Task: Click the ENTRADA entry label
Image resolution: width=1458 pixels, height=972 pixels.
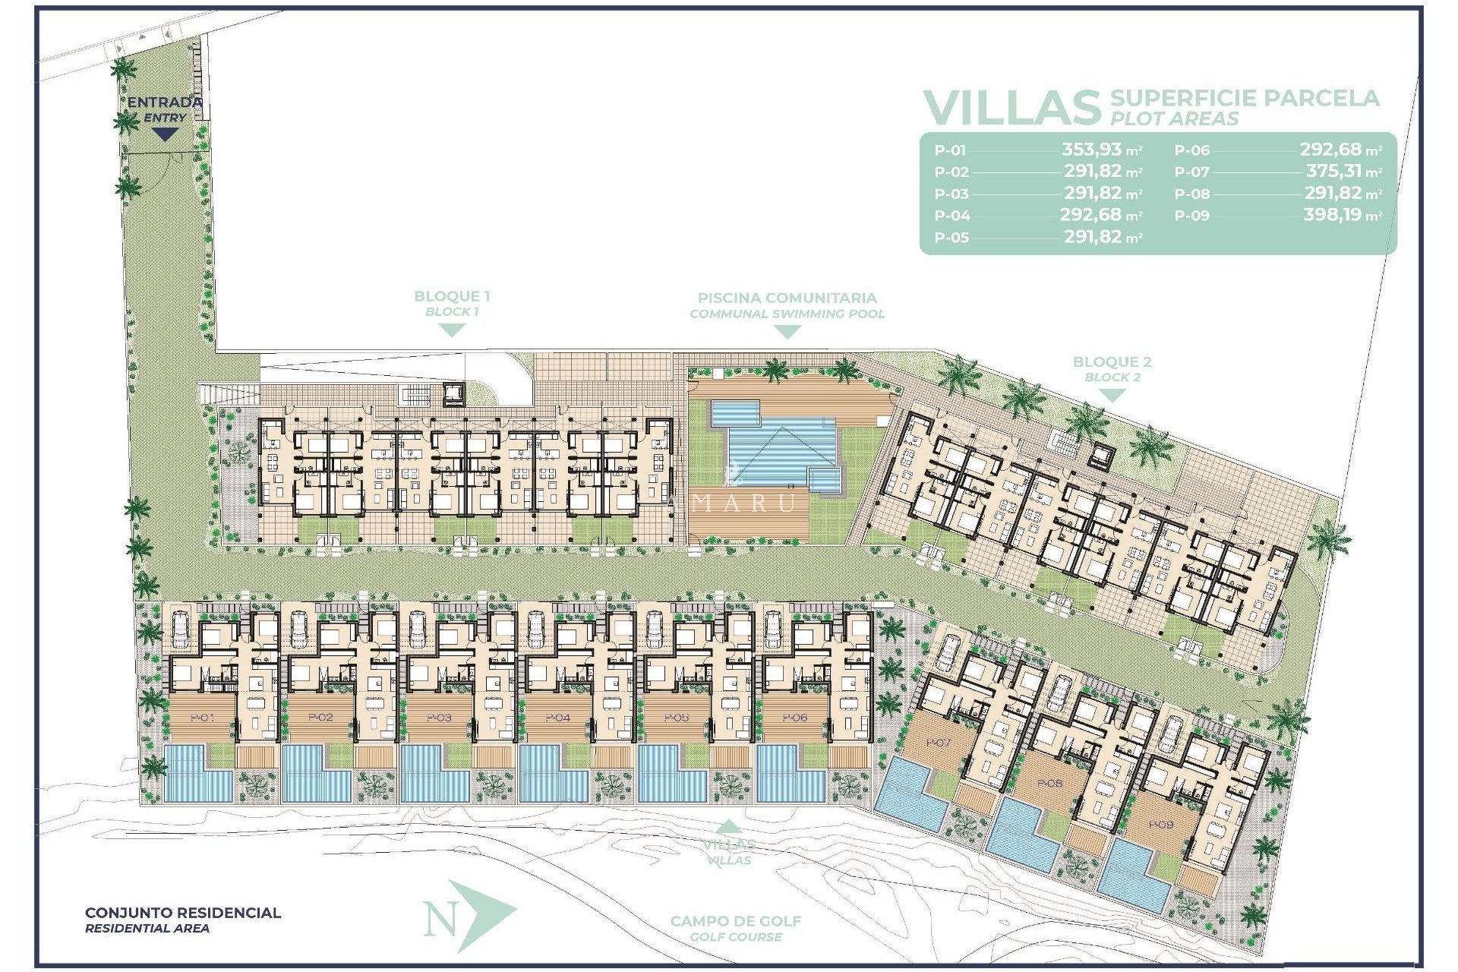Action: coord(164,102)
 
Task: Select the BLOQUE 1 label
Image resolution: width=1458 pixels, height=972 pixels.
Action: coord(452,296)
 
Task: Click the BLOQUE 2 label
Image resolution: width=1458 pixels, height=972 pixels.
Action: coord(1112,362)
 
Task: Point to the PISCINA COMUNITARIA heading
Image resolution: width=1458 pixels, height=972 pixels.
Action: coord(787,298)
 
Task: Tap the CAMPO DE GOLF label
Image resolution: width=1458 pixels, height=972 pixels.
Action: coord(735,921)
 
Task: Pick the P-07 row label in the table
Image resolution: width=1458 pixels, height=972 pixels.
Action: coord(1191,172)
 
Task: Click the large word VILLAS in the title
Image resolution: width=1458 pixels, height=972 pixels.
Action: coord(1011,108)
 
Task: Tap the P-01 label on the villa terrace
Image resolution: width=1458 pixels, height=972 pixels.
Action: coord(202,717)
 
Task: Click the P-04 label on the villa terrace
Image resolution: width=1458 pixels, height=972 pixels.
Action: coord(558,717)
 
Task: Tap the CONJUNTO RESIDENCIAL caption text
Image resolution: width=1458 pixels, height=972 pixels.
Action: coord(182,913)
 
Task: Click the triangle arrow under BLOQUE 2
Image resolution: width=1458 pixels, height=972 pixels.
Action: coord(1112,395)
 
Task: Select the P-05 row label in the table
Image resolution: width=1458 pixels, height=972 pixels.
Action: coord(951,238)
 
